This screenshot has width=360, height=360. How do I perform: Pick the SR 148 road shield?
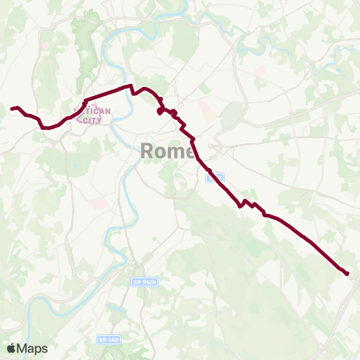click(x=109, y=340)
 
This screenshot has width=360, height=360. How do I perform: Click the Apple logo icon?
click(x=11, y=348)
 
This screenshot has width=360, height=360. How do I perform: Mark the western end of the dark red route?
click(x=12, y=109)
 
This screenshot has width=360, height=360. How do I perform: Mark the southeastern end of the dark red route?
click(x=347, y=274)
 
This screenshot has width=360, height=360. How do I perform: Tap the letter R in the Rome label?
click(x=146, y=151)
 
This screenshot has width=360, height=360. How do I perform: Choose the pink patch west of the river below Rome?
click(x=98, y=203)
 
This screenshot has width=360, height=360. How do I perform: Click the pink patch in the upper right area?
click(x=259, y=72)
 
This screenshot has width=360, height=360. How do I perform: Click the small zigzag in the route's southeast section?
click(x=248, y=203)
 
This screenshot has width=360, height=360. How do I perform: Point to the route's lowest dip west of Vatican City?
click(x=46, y=127)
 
